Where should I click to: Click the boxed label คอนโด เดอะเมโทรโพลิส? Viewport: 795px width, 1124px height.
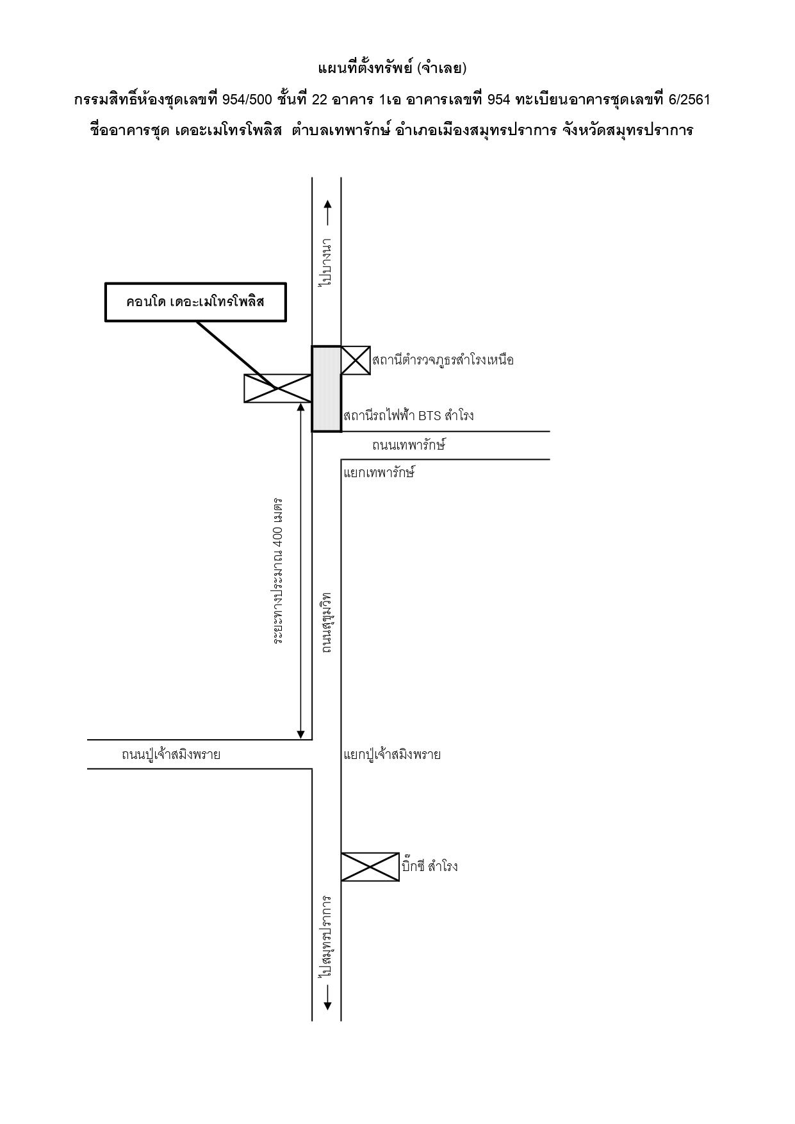click(x=195, y=302)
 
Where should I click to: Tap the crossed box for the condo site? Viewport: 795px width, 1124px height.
click(x=278, y=388)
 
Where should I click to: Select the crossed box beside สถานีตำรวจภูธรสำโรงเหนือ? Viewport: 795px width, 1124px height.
click(x=356, y=360)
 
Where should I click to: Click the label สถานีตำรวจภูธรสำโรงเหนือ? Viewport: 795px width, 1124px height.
click(x=443, y=360)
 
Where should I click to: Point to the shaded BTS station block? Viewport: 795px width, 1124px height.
click(x=327, y=389)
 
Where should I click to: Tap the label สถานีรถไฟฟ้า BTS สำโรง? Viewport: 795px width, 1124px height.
click(x=409, y=416)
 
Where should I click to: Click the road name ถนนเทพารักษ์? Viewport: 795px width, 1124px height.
click(x=408, y=444)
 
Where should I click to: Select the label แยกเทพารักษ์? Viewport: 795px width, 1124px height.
click(x=379, y=473)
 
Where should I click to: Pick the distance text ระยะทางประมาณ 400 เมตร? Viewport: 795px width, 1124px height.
click(x=278, y=569)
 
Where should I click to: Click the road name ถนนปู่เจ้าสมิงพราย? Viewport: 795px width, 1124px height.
click(x=171, y=754)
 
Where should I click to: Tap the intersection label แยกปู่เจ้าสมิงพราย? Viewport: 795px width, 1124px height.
click(x=392, y=754)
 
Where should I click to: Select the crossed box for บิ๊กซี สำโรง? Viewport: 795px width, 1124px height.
click(x=370, y=867)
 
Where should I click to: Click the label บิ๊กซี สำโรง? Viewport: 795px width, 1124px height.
click(x=429, y=867)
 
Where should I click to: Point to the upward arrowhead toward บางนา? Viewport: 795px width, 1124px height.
click(x=327, y=204)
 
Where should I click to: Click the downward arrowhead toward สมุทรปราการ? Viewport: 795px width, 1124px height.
click(x=327, y=1006)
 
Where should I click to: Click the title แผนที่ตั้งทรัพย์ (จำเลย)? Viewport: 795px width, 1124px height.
click(x=392, y=68)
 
